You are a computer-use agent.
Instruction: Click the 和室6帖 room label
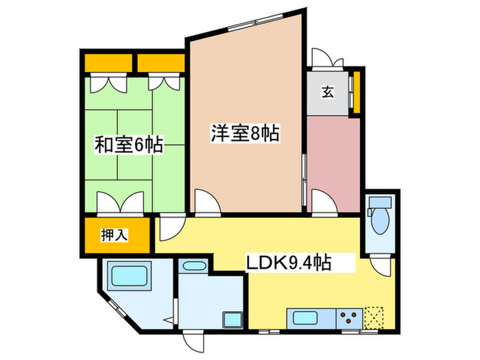[x=128, y=145]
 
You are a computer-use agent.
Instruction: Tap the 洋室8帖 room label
[x=245, y=133]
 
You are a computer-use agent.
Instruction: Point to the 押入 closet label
[x=115, y=235]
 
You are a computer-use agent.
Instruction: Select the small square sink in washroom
[x=231, y=320]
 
